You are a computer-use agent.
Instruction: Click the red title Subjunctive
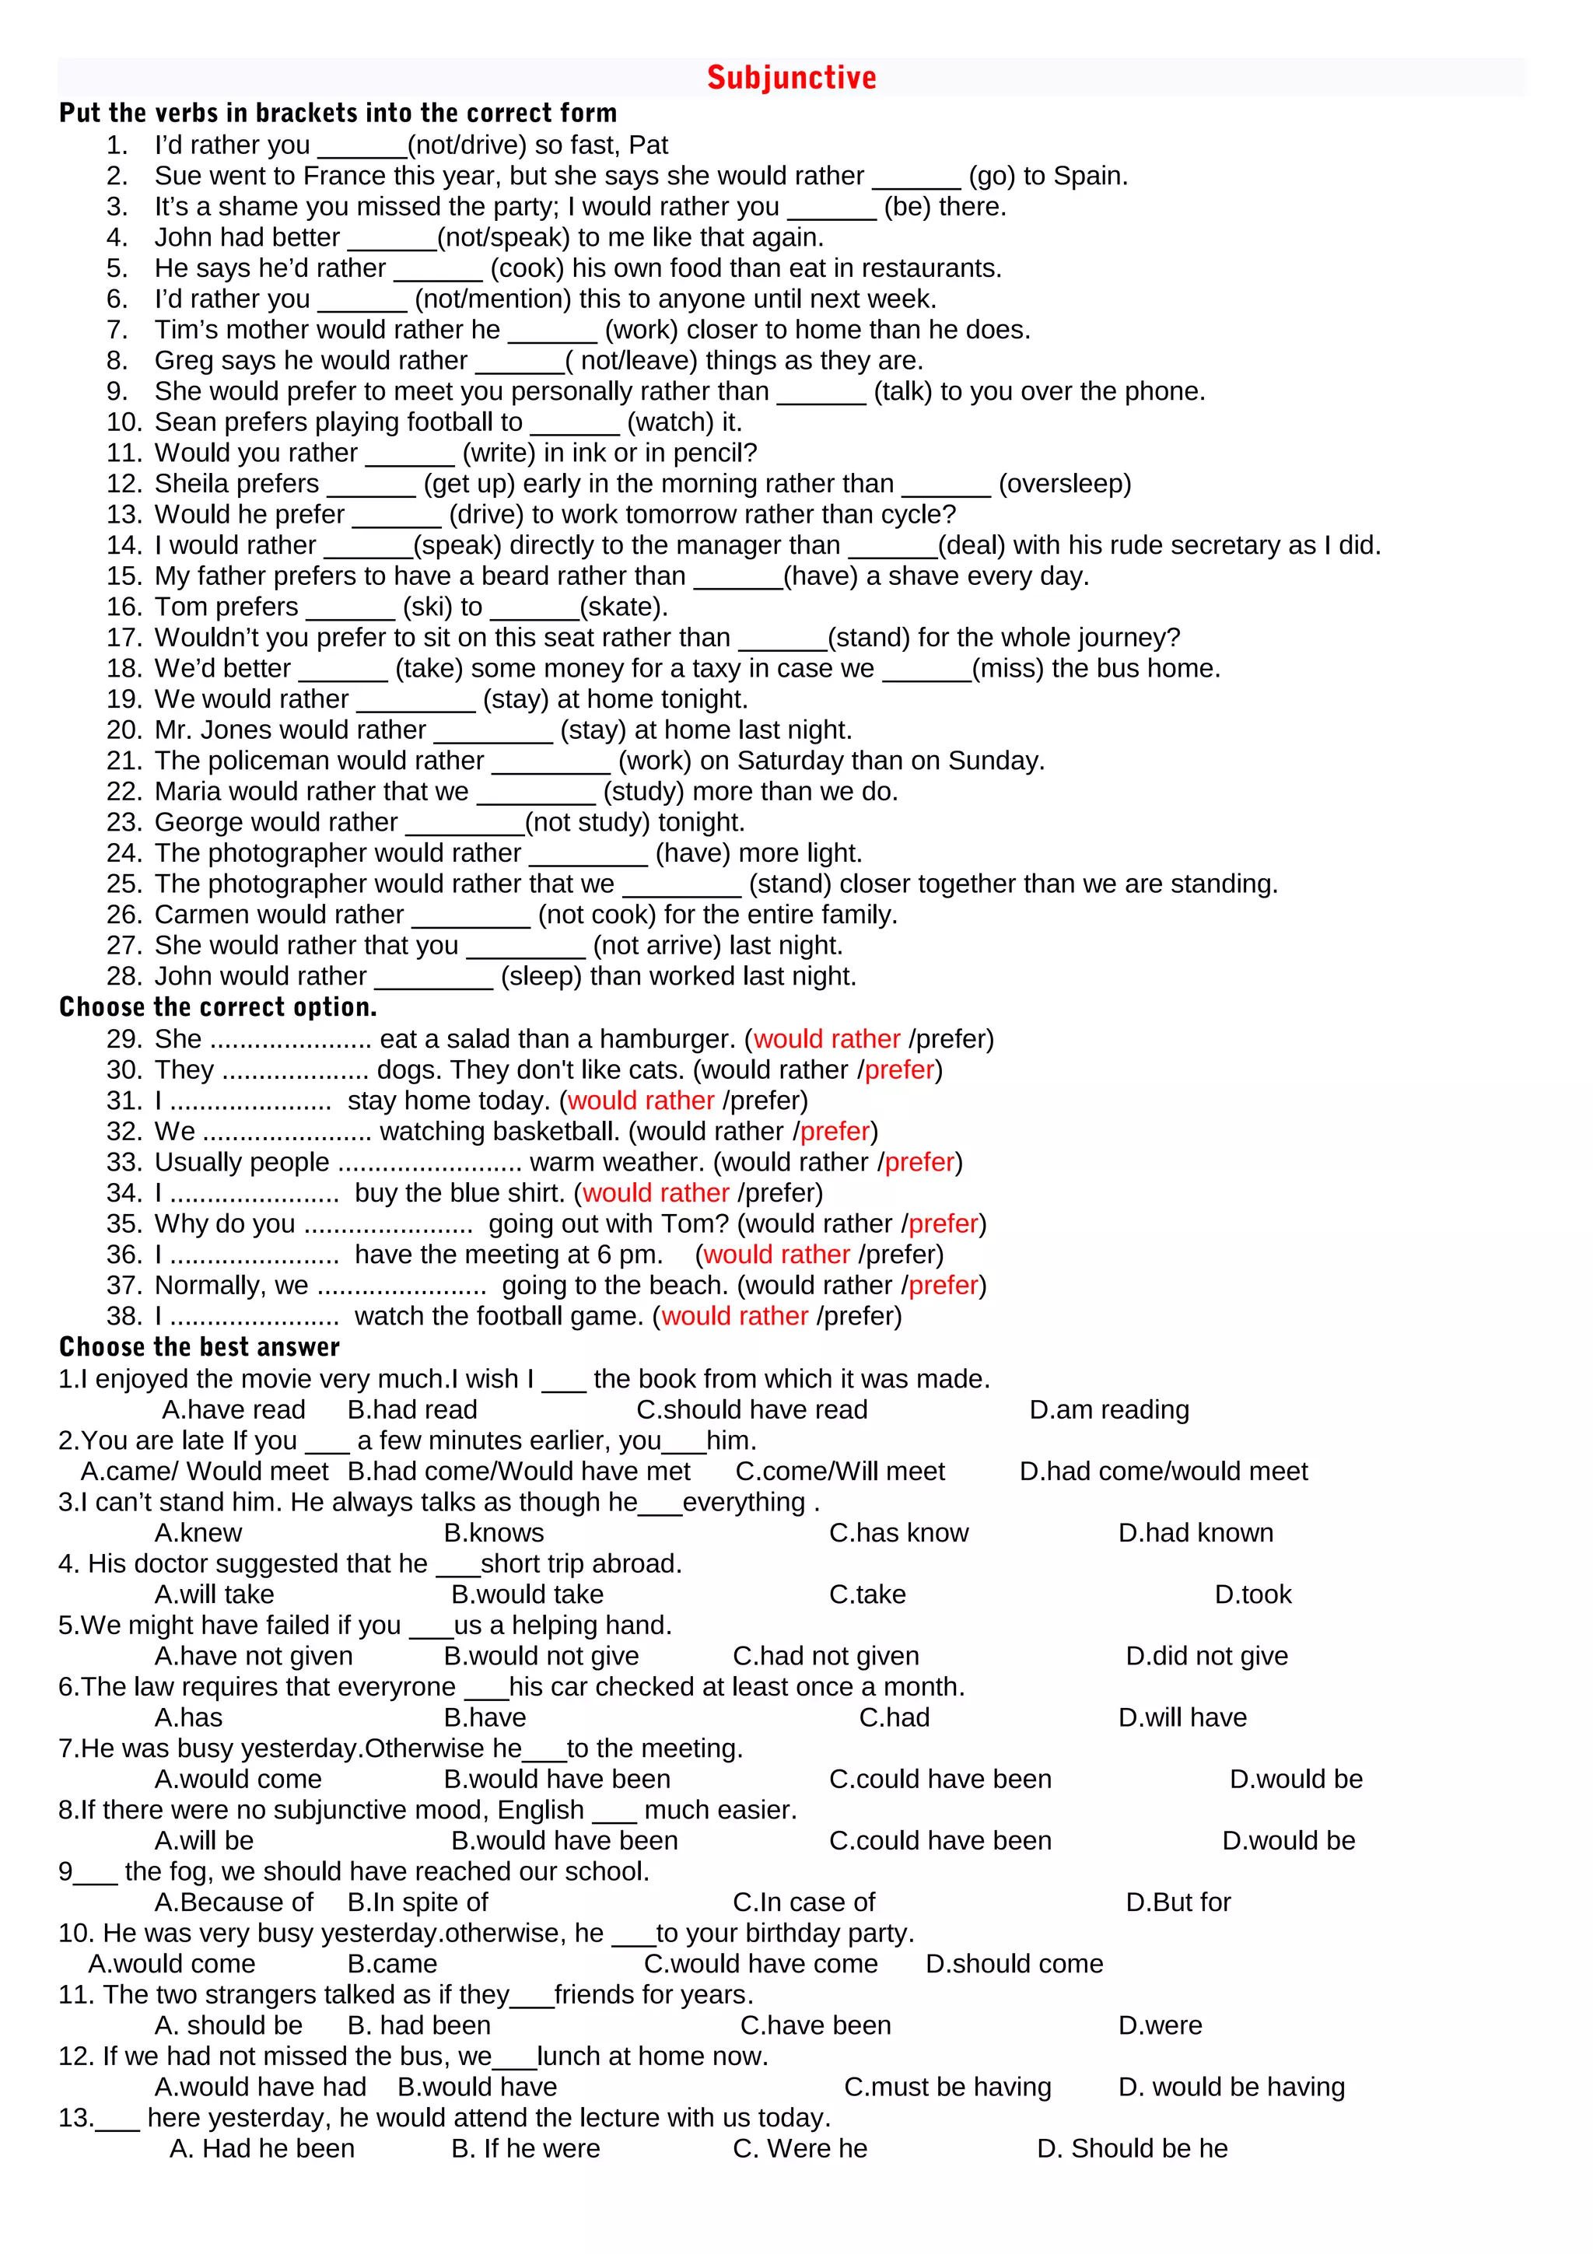pyautogui.click(x=791, y=78)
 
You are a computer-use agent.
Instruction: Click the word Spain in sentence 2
pyautogui.click(x=1087, y=176)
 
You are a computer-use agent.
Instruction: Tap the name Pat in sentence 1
pyautogui.click(x=648, y=145)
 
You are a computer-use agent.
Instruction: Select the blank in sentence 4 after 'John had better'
pyautogui.click(x=391, y=239)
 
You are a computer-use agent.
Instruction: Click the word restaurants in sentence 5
pyautogui.click(x=930, y=268)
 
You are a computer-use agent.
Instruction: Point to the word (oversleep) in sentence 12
pyautogui.click(x=1064, y=484)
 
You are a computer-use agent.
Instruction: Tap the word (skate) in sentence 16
pyautogui.click(x=622, y=607)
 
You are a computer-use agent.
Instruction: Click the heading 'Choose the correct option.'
pyautogui.click(x=218, y=1007)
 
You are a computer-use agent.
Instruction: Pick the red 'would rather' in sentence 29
pyautogui.click(x=826, y=1038)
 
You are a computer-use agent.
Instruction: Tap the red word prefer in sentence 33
pyautogui.click(x=919, y=1162)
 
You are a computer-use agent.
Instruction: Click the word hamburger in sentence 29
pyautogui.click(x=667, y=1038)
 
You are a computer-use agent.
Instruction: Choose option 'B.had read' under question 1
pyautogui.click(x=412, y=1410)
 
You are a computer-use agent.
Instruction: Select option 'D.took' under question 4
pyautogui.click(x=1252, y=1594)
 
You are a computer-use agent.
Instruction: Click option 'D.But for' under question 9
pyautogui.click(x=1177, y=1902)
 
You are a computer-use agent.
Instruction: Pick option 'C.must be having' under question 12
pyautogui.click(x=947, y=2087)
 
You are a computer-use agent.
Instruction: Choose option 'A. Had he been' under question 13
pyautogui.click(x=262, y=2149)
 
